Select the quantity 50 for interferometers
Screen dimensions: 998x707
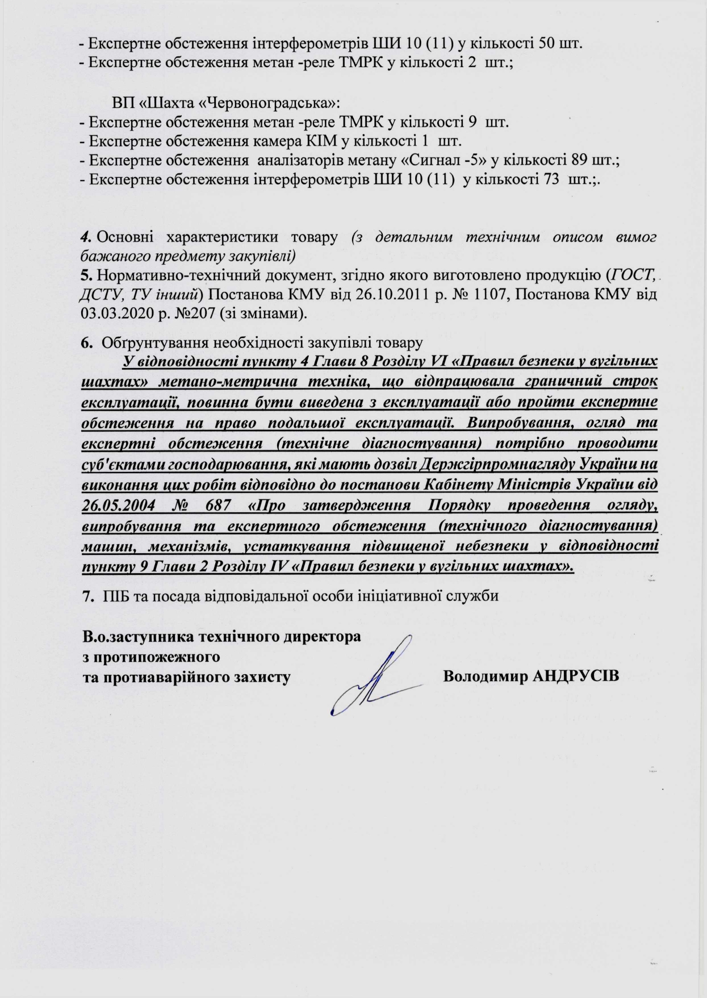[x=546, y=43]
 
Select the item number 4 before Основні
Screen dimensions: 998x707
[x=86, y=236]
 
